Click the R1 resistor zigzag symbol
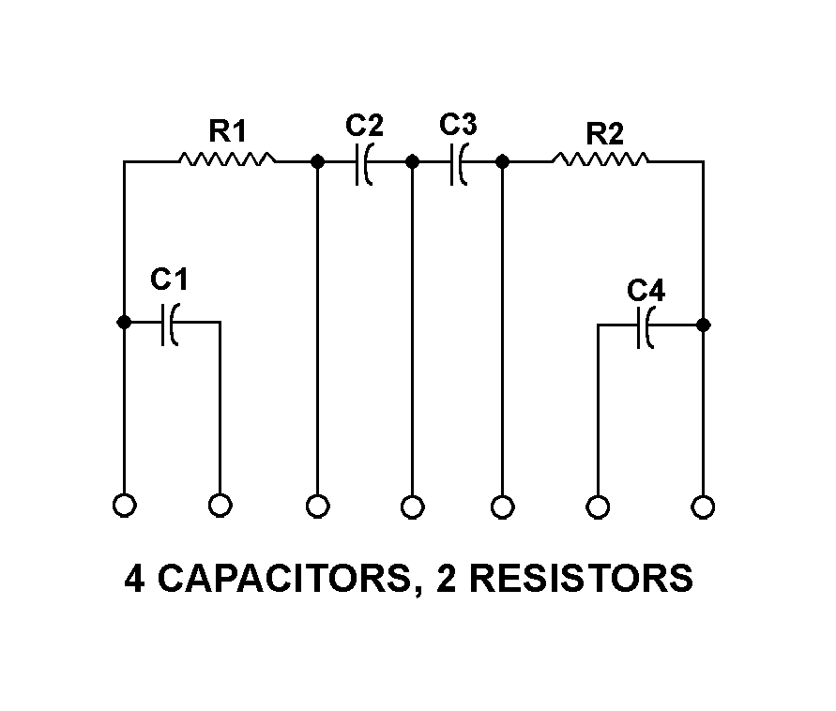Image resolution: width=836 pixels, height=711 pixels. [x=227, y=161]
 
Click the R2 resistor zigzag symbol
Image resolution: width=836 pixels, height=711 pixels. [x=600, y=161]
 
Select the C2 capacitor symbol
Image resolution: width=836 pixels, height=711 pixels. [x=365, y=162]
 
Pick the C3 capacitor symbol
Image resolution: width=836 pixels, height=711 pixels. [x=458, y=162]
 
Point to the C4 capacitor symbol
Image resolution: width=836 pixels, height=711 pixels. [x=646, y=325]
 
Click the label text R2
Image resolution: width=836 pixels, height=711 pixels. [x=604, y=133]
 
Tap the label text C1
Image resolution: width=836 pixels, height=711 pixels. [x=170, y=279]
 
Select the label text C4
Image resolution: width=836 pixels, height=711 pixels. [x=646, y=292]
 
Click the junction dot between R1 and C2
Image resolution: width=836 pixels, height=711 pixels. [x=317, y=162]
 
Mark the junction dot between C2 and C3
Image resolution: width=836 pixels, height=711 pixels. [x=412, y=162]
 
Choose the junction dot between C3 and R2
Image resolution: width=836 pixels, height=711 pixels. [x=502, y=162]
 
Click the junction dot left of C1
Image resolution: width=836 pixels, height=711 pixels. [x=124, y=322]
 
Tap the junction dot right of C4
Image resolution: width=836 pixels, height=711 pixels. [x=704, y=325]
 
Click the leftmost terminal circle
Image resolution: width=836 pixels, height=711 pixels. [x=124, y=506]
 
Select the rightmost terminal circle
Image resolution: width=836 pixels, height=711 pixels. [x=703, y=507]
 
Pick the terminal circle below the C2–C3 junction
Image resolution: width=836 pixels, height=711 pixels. [x=412, y=507]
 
